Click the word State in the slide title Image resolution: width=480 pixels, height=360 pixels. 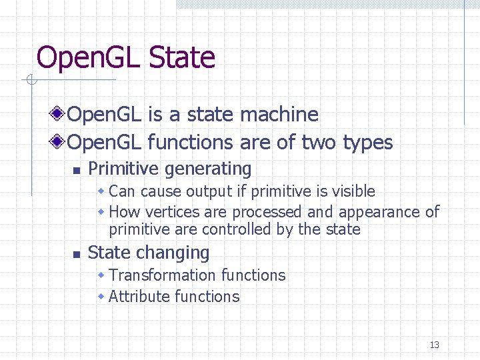(182, 57)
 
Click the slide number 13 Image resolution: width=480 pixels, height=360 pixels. (435, 345)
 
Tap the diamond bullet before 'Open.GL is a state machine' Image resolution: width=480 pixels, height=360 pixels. (60, 115)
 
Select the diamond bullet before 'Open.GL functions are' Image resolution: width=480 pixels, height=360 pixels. (60, 143)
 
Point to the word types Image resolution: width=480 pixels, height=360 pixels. (367, 143)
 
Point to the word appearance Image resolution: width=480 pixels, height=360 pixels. (382, 212)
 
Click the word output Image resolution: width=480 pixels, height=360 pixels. (209, 191)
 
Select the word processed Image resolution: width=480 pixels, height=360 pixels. (266, 212)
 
